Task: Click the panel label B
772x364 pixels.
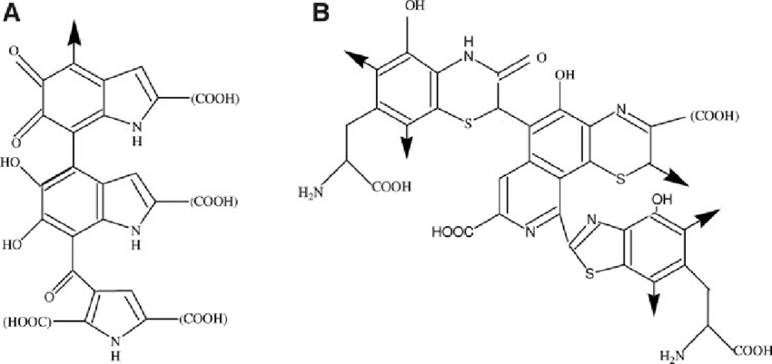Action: point(320,11)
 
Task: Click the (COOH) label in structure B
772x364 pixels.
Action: point(717,116)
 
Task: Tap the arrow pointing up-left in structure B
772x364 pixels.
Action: point(353,56)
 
